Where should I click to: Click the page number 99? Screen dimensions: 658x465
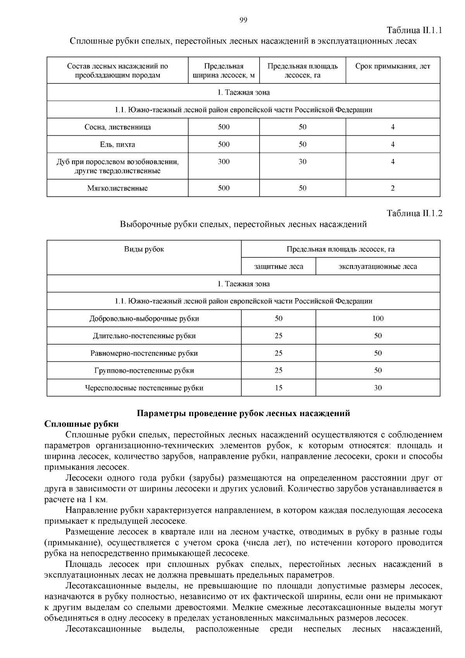tap(243, 21)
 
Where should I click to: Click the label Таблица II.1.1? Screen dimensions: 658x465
tap(414, 30)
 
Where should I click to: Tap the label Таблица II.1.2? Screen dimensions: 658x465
tap(414, 214)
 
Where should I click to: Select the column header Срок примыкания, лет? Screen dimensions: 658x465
tap(393, 66)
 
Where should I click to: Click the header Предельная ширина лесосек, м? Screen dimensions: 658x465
tap(224, 71)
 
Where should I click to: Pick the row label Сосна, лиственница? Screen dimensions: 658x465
tap(117, 127)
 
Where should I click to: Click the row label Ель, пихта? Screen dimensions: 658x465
tap(117, 145)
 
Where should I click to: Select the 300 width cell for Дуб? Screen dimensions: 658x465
tap(224, 162)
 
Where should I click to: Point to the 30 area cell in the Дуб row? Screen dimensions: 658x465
tap(302, 162)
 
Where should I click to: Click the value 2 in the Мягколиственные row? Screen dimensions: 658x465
tap(393, 188)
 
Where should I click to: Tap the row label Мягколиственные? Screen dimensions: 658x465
tap(117, 188)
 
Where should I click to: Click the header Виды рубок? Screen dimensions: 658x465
tap(144, 249)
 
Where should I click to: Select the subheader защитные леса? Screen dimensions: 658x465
tap(278, 267)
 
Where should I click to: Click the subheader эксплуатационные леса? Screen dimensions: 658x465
tap(378, 267)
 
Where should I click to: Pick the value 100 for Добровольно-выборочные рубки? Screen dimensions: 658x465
tap(378, 319)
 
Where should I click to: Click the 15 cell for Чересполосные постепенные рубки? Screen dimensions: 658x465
tap(278, 388)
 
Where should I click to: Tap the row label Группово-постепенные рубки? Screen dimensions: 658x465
tap(144, 371)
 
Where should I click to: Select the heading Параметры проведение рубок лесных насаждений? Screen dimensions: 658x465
tap(243, 413)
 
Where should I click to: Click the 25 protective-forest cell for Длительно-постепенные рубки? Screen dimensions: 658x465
tap(278, 336)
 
